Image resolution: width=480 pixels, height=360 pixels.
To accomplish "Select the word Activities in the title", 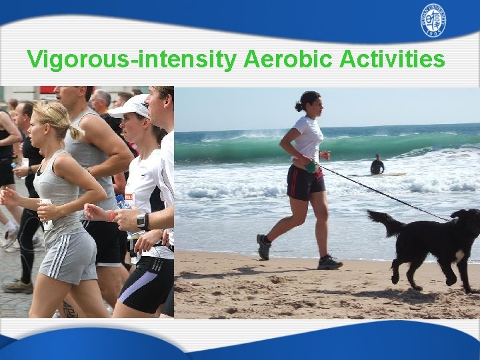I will coord(392,59).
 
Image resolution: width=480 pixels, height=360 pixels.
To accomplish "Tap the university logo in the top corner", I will coord(433,21).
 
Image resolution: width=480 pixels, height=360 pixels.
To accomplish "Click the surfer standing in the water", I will coord(377,165).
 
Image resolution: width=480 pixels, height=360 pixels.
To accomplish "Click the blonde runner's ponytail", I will coord(75,131).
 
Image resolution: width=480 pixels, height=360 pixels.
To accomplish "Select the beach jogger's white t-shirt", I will coord(308,138).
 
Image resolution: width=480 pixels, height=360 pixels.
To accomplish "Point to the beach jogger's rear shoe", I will coord(264,246).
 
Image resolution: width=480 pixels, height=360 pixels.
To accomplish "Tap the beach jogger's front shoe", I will coord(329,262).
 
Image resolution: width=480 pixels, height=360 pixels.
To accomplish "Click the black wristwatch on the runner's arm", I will coord(141,221).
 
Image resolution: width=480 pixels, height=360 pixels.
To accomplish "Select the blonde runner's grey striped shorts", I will coord(69,255).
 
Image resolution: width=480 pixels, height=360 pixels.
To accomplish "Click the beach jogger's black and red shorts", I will coord(304,182).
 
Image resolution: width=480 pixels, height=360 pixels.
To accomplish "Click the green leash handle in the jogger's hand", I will coord(311,167).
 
